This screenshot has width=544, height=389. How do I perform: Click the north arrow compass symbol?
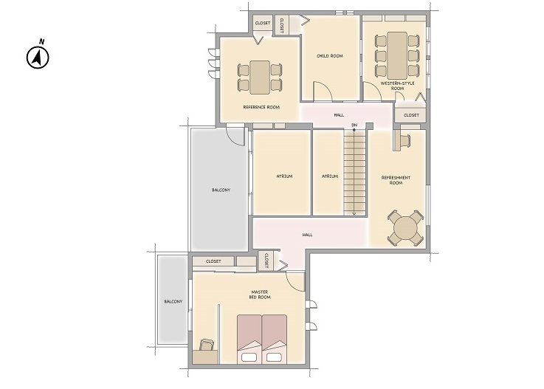click(x=38, y=58)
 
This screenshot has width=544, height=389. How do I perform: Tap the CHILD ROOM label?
click(x=330, y=56)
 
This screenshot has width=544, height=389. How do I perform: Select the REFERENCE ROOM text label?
click(x=261, y=107)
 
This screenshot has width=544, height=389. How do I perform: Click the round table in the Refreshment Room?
click(x=405, y=228)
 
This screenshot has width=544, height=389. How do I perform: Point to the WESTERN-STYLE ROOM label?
click(x=397, y=86)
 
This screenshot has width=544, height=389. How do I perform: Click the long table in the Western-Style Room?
click(x=397, y=55)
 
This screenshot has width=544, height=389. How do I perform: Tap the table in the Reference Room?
click(x=260, y=78)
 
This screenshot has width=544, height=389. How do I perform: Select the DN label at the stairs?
click(x=354, y=125)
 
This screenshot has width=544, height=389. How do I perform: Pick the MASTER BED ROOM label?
click(x=260, y=295)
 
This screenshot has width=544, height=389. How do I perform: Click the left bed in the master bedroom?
click(x=249, y=339)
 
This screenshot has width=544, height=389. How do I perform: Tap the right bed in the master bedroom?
click(x=275, y=339)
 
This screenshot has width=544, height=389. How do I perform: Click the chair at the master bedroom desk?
click(x=207, y=345)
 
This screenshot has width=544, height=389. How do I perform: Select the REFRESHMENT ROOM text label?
click(x=396, y=180)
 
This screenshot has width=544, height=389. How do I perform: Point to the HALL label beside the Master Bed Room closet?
click(x=307, y=235)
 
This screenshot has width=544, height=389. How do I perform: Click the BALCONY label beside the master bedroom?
click(x=173, y=302)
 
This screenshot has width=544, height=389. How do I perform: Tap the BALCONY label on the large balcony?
click(x=221, y=190)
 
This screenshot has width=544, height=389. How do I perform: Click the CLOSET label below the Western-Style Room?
click(x=411, y=115)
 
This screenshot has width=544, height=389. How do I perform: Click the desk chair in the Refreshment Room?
click(x=405, y=140)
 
